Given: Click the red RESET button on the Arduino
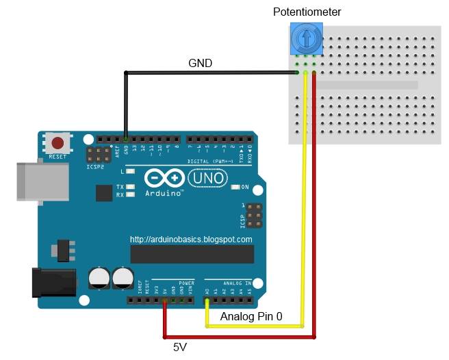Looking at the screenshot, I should pos(58,143).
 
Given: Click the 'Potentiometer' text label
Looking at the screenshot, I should pos(307,12).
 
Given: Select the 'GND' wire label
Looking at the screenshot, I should pos(200,63).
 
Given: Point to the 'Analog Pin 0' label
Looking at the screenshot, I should pos(251,318).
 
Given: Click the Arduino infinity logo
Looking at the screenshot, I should pos(164,179).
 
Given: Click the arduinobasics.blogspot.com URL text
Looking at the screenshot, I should pos(191,240).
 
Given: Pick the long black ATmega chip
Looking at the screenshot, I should pos(192,254).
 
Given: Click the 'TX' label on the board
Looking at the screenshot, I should pos(120,187).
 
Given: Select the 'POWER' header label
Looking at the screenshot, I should pos(186,281).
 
